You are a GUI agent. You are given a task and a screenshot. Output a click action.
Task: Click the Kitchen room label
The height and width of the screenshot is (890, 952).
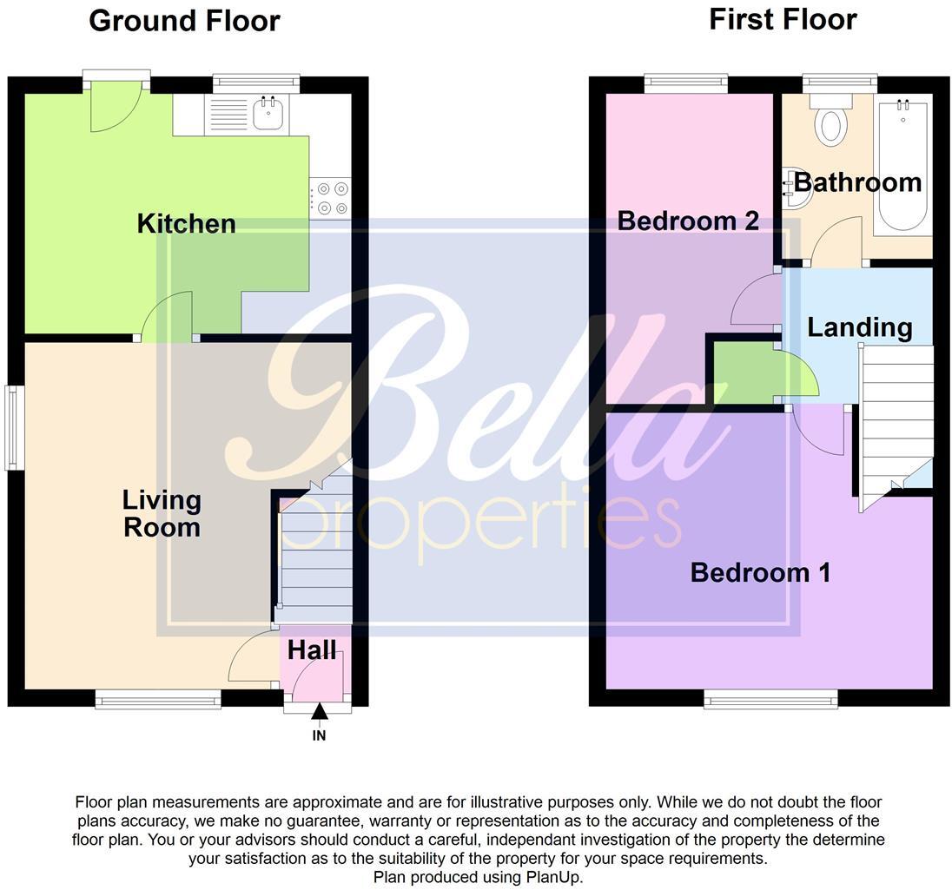tap(186, 224)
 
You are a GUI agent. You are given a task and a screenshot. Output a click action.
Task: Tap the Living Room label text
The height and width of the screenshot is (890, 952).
tap(162, 513)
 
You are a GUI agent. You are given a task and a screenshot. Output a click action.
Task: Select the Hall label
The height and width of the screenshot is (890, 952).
tap(312, 649)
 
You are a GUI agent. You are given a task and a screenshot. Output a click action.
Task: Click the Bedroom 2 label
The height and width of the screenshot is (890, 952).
tap(688, 221)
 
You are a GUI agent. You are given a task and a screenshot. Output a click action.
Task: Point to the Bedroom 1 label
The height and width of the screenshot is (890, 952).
tap(760, 572)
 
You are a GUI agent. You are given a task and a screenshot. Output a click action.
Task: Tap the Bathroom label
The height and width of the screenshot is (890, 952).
tap(857, 182)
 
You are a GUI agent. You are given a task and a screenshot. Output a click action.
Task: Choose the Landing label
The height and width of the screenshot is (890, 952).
tap(859, 327)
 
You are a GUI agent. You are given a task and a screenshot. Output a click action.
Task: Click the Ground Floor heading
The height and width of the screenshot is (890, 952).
tap(184, 21)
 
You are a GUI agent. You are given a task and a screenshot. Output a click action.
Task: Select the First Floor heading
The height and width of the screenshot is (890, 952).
tap(783, 19)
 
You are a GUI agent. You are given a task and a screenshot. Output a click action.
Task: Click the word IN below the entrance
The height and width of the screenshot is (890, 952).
tap(319, 735)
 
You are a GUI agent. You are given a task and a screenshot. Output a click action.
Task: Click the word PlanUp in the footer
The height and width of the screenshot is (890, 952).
tap(552, 877)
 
